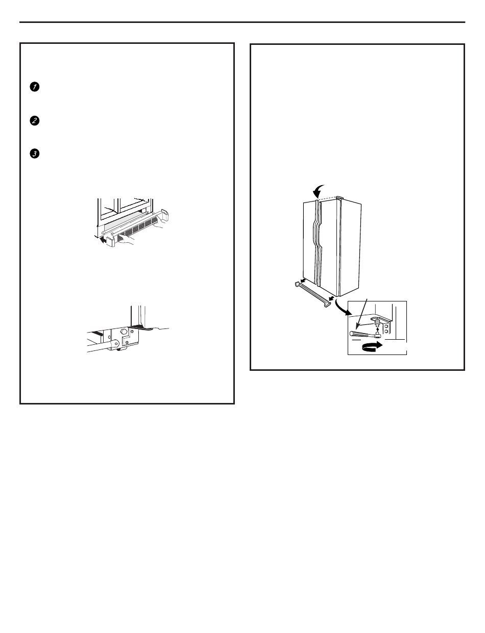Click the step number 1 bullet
point(35,87)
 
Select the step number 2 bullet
point(35,120)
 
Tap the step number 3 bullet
point(35,154)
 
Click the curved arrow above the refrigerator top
point(318,190)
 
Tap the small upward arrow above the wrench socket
point(378,330)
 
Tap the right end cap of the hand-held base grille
point(165,214)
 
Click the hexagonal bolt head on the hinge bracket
point(124,331)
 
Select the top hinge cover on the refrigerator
point(339,198)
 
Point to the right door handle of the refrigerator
point(320,243)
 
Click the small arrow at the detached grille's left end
point(303,281)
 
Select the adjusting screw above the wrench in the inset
point(376,321)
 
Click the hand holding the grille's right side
point(157,224)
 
